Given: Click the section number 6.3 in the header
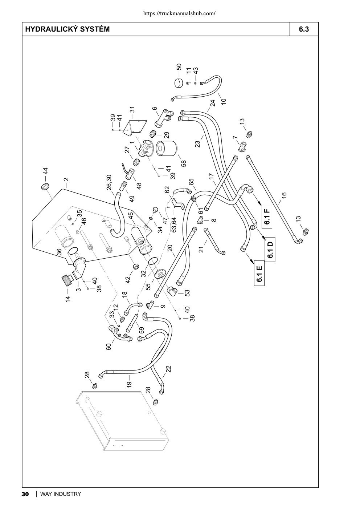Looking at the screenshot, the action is (304, 29).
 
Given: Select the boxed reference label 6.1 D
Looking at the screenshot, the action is (270, 249).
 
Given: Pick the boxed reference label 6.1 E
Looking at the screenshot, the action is (259, 273).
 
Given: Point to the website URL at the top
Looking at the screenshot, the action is (179, 13).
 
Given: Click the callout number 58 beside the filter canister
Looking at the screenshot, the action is (184, 163).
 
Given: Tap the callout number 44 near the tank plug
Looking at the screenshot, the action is (45, 171).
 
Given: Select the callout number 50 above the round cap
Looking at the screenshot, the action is (179, 67).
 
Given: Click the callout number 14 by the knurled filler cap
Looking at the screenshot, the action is (68, 299).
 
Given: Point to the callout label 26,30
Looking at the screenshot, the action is (109, 182).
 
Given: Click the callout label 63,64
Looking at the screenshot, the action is (174, 225).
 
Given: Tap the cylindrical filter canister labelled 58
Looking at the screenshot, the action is (167, 149).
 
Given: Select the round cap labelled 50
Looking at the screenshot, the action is (179, 83).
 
